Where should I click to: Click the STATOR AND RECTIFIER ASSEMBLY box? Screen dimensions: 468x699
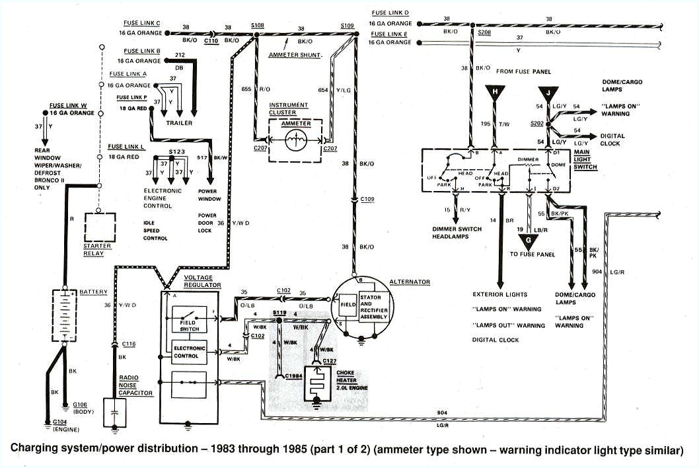[x=373, y=307]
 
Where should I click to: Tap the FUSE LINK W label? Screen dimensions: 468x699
[x=67, y=105]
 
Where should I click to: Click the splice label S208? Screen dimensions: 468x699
[x=484, y=31]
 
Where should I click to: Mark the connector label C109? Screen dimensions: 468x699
[x=367, y=198]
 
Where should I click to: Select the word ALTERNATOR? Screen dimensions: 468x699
[x=410, y=282]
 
